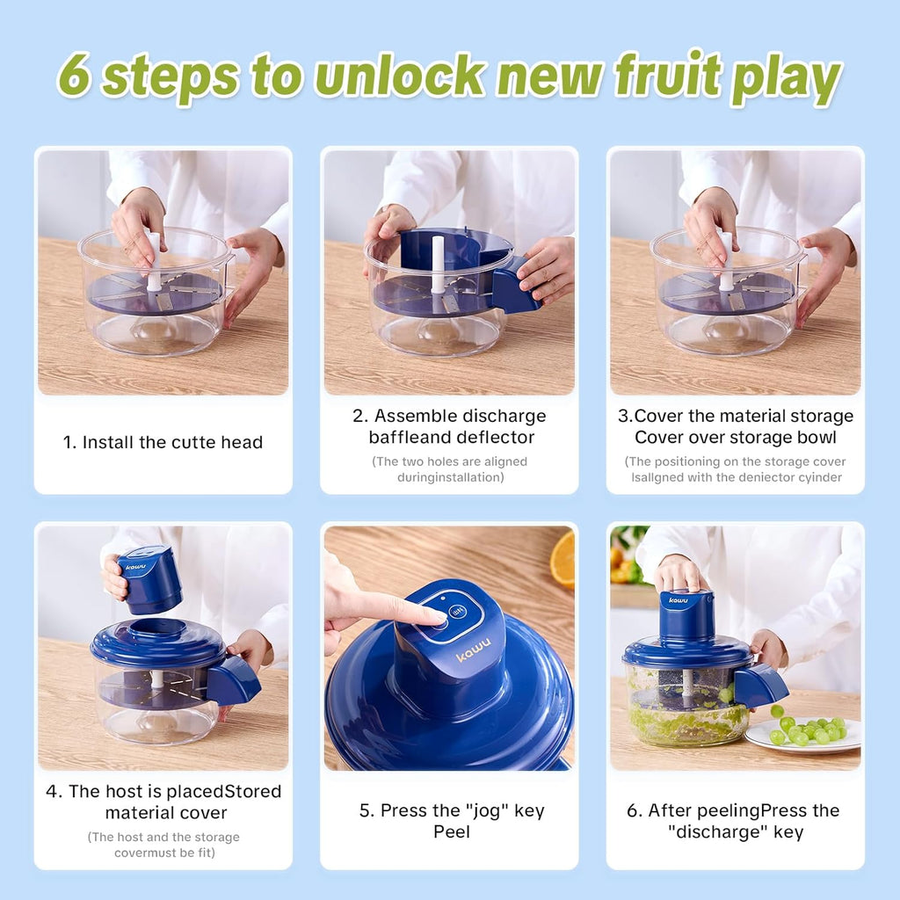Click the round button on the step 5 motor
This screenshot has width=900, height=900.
coord(457,613)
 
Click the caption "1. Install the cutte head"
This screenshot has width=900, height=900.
coord(163,443)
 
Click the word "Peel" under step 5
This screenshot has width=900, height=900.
coord(452,831)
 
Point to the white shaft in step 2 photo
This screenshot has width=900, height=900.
coord(437,264)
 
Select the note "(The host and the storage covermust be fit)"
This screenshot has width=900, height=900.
coord(163,845)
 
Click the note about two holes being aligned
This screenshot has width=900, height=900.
coord(449,469)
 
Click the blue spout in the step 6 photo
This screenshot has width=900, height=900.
coord(759,685)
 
